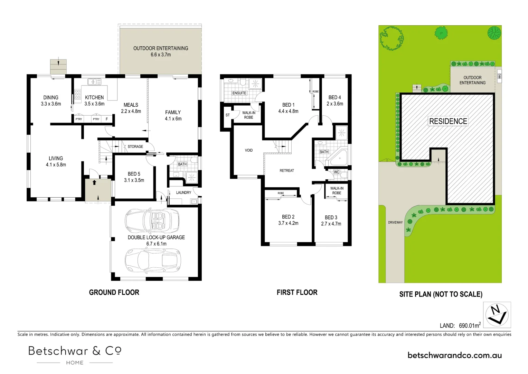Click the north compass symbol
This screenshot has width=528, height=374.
[x=497, y=314]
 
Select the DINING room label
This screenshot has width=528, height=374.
[x=51, y=98]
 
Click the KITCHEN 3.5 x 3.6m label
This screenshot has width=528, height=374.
[x=94, y=101]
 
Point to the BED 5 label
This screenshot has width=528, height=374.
[x=134, y=174]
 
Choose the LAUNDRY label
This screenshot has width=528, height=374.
[x=183, y=193]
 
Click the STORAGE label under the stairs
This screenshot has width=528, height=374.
[x=135, y=146]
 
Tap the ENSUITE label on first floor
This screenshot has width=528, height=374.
[x=239, y=93]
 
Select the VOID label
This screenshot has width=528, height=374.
[x=249, y=150]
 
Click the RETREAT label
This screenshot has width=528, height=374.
[x=287, y=170]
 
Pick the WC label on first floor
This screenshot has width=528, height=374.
[x=337, y=172]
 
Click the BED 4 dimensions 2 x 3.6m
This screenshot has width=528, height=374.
[x=335, y=104]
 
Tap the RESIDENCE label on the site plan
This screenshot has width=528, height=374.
[x=448, y=121]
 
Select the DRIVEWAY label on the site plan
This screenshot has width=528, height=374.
[x=395, y=222]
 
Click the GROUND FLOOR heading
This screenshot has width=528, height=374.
[x=114, y=292]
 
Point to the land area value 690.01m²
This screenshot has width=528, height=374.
[x=469, y=325]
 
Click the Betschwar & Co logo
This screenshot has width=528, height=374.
[x=75, y=354]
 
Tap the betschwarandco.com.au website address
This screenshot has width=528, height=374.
[x=454, y=355]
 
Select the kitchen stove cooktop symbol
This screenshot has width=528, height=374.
[x=78, y=94]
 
